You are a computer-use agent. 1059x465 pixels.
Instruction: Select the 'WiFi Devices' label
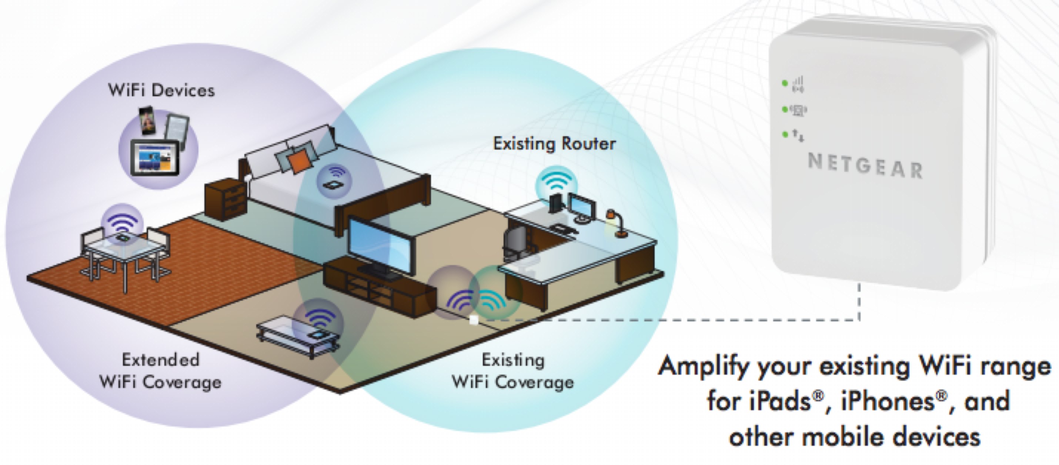pyautogui.click(x=161, y=90)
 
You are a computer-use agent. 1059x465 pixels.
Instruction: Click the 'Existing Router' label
pyautogui.click(x=554, y=144)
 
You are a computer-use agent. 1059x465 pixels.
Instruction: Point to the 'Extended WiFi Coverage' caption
pyautogui.click(x=161, y=371)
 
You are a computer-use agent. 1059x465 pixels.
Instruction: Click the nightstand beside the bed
pyautogui.click(x=226, y=201)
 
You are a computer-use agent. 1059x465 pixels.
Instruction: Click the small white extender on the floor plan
pyautogui.click(x=474, y=320)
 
